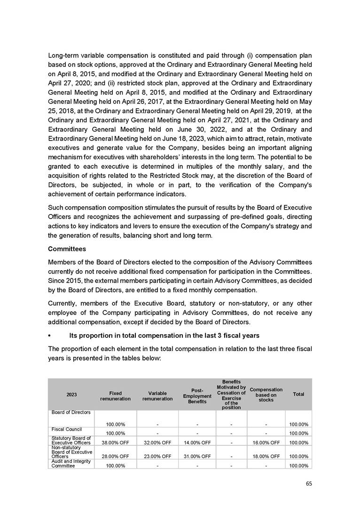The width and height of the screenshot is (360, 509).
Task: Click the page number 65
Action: (308, 483)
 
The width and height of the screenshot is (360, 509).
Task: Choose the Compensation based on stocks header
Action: (266, 394)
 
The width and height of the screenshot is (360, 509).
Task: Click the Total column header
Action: (298, 394)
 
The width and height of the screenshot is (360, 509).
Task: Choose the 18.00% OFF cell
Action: (266, 456)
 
